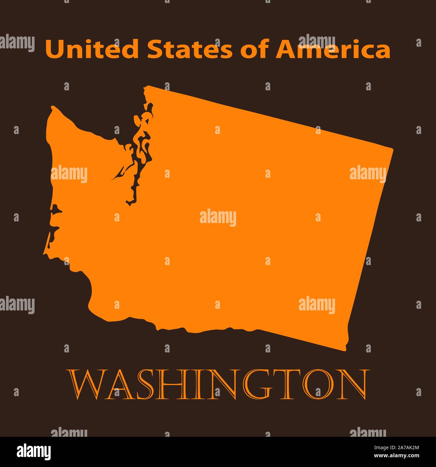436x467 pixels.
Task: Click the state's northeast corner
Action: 392,148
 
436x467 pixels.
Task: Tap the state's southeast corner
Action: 345,349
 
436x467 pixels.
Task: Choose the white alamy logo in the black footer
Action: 34,451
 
